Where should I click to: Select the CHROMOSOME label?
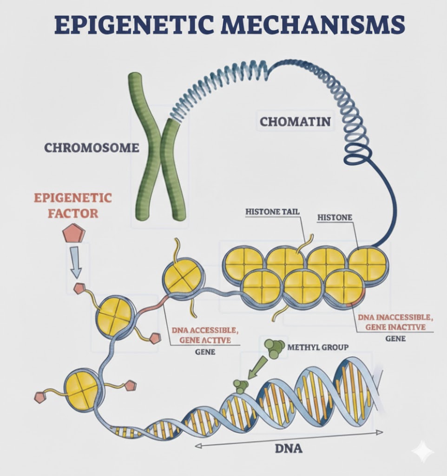[x=92, y=148]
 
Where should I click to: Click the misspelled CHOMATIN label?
[x=295, y=122]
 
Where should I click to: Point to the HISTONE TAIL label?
[x=272, y=212]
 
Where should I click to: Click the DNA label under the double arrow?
[x=289, y=449]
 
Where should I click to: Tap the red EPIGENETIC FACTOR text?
[x=72, y=205]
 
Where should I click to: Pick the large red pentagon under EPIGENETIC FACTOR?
[x=74, y=233]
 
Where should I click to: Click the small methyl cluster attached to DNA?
[x=241, y=385]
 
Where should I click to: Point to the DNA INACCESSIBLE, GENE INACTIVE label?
[x=395, y=322]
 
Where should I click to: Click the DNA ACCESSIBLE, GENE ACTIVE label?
[x=205, y=335]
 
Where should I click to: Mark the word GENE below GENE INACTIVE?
[x=395, y=338]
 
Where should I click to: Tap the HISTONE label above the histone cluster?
[x=335, y=217]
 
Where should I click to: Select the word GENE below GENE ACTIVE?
[x=205, y=352]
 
